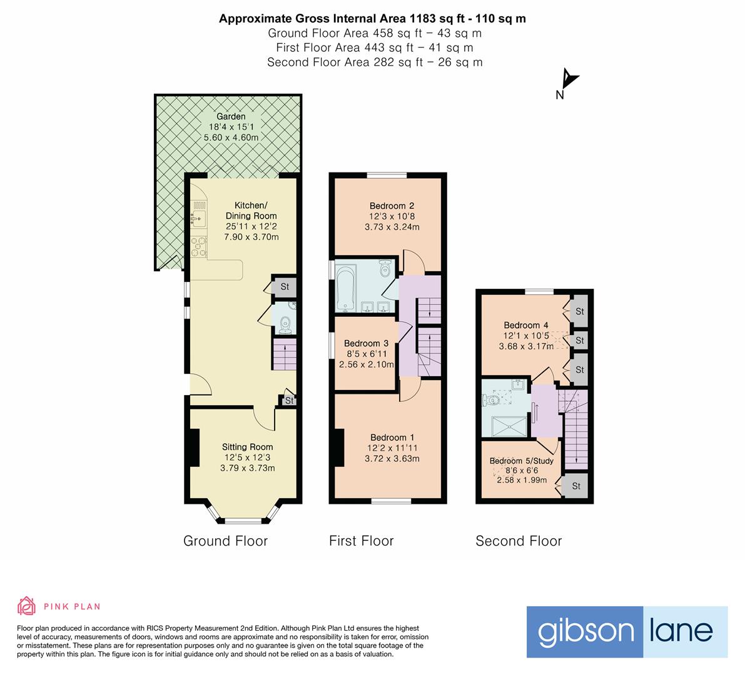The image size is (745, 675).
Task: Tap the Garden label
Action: coord(231,116)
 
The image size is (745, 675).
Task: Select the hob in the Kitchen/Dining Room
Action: coord(200,247)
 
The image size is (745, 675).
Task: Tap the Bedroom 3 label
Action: coord(366,343)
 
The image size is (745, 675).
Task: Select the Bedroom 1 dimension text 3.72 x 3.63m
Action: coord(392,458)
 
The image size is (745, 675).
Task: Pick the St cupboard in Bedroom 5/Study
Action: coord(575,486)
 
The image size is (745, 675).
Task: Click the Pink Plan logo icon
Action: coord(26,606)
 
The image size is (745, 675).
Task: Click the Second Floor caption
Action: coord(519,541)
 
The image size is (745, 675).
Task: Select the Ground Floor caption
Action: coord(225,541)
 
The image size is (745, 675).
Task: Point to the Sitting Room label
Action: coord(247,447)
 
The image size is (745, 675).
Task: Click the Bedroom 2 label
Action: coord(392,206)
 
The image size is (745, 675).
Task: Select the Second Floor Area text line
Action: coord(374,62)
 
